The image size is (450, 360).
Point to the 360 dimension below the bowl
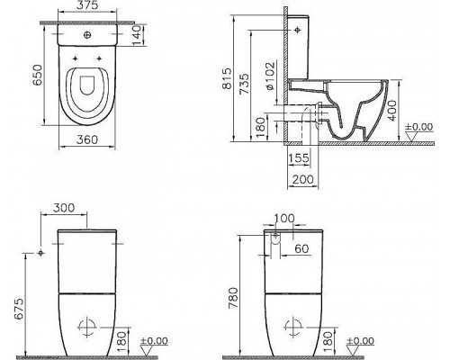(87, 140)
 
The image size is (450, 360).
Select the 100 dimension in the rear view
(283, 220)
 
